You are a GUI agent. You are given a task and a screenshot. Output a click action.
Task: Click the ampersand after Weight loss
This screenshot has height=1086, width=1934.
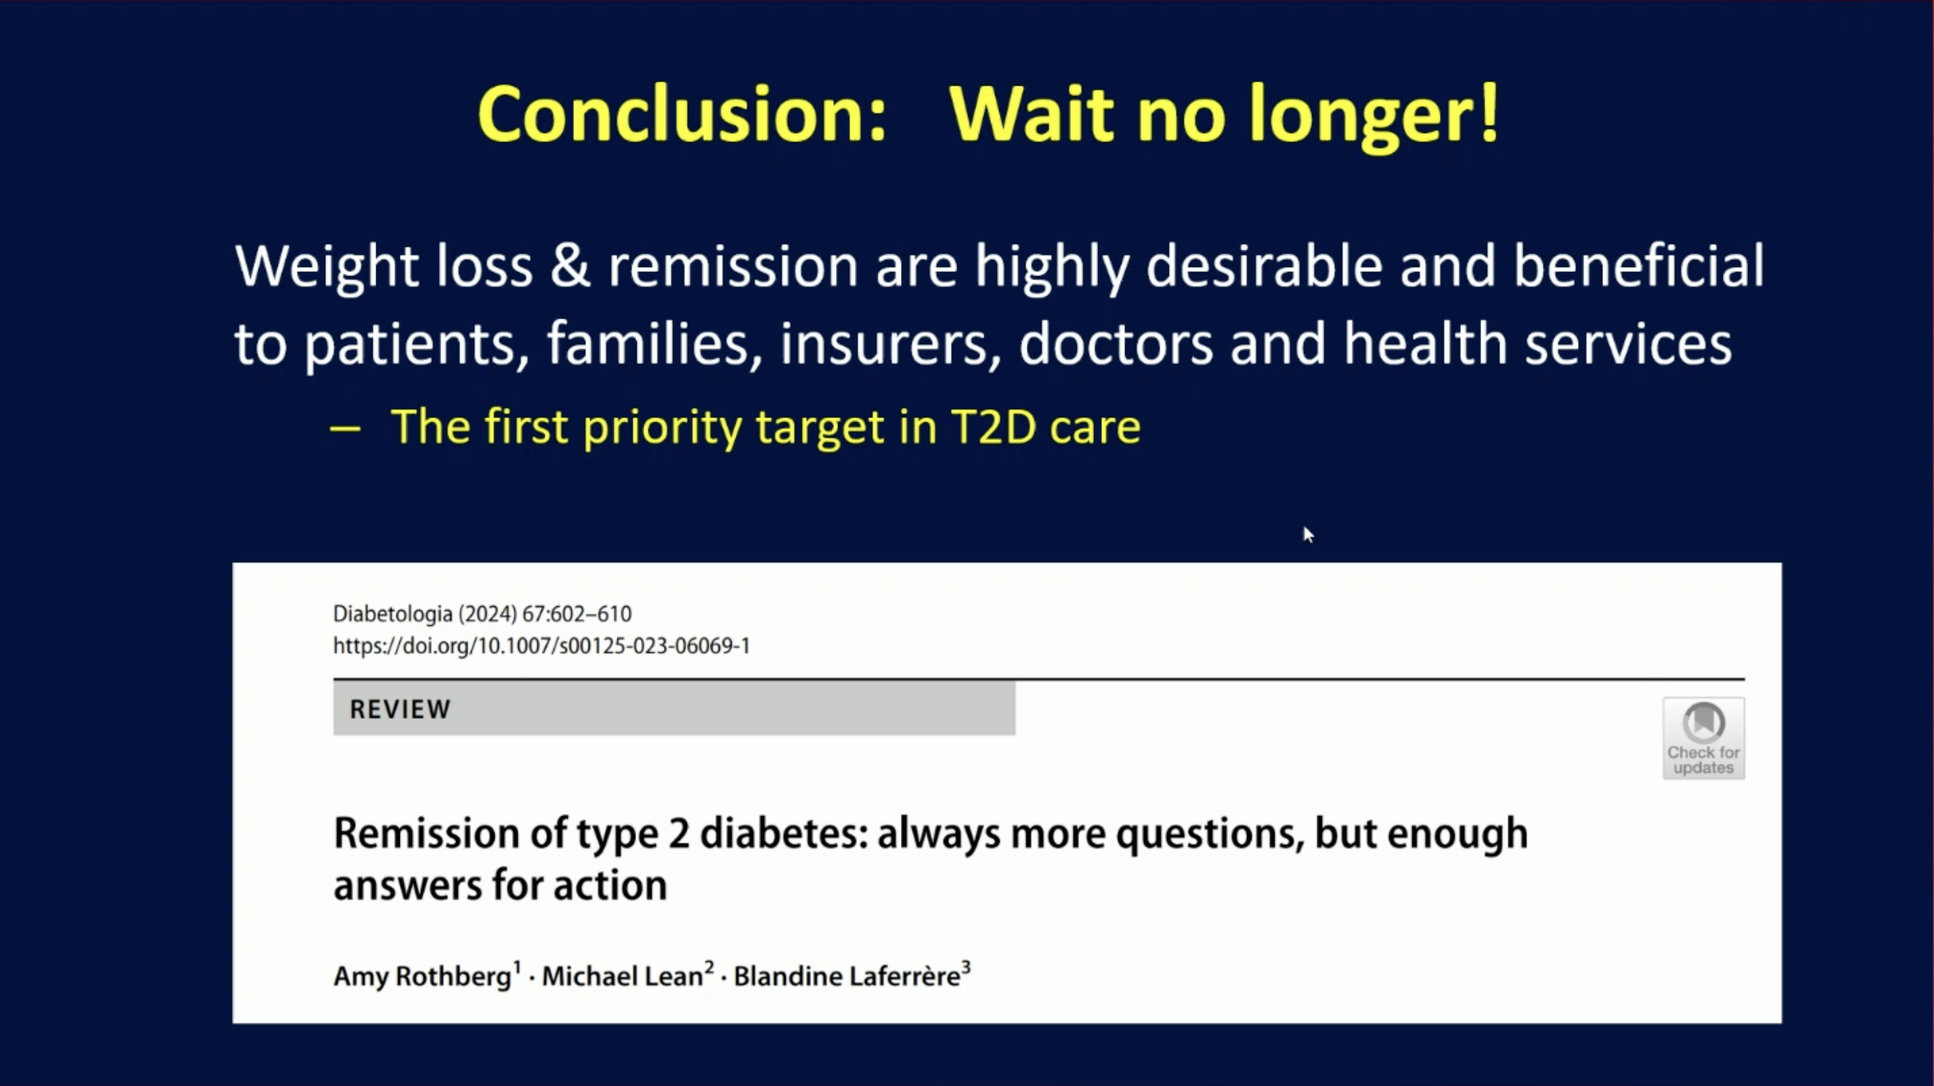570,266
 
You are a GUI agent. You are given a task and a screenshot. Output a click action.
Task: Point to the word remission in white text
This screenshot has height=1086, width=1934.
733,266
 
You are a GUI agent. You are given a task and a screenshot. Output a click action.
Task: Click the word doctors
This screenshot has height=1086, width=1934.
1115,343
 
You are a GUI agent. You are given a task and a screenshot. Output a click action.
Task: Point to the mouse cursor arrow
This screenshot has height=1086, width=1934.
1308,535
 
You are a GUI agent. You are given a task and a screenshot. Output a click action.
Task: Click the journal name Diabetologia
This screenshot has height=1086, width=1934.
393,614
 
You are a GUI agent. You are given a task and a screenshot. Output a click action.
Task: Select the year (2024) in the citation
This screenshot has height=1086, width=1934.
487,614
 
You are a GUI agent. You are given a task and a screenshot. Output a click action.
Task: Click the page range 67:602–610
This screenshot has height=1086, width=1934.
577,614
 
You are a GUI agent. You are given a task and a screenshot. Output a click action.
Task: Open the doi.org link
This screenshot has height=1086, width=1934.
541,646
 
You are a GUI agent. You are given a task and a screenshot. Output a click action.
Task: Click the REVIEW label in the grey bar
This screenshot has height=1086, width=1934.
400,709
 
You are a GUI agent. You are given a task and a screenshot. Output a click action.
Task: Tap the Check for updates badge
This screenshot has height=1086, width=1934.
1703,738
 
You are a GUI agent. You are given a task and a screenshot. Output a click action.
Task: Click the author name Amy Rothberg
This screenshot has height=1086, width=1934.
423,977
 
